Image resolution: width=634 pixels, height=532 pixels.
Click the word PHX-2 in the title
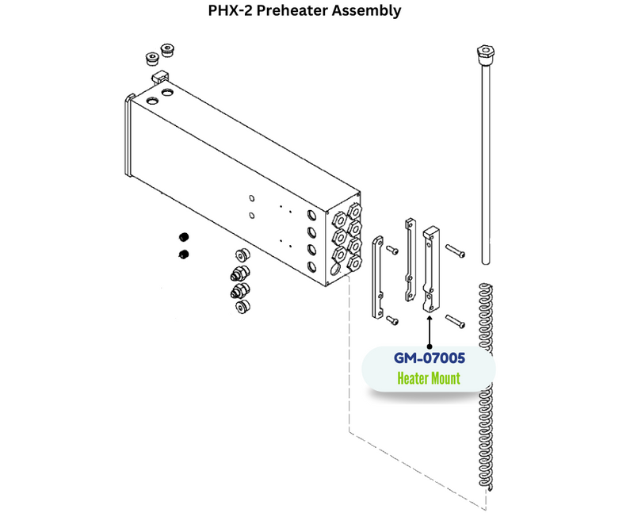click(233, 12)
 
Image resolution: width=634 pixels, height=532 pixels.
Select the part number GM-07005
click(428, 358)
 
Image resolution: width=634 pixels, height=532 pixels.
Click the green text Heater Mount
click(428, 378)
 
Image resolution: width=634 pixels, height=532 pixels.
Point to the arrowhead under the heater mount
click(429, 318)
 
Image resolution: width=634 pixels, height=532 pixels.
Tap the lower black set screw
click(184, 255)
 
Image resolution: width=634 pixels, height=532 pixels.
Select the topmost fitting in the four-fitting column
click(240, 256)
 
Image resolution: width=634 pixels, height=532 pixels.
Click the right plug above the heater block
click(167, 51)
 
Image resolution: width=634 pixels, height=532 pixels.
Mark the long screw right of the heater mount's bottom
click(454, 321)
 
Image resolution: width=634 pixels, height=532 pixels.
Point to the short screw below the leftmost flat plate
click(391, 319)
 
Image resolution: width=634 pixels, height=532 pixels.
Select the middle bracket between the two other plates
click(409, 259)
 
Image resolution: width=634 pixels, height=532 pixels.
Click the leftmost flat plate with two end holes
click(379, 277)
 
